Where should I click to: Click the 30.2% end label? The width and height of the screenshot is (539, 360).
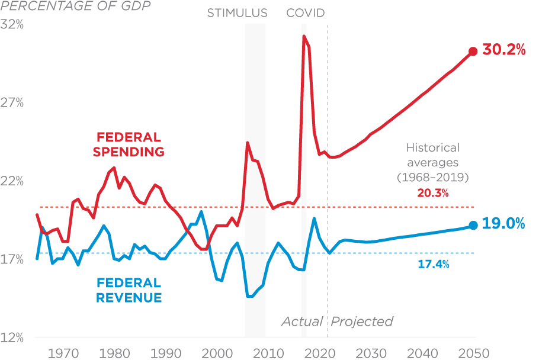(x=504, y=50)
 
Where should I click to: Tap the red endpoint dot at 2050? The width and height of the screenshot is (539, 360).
(x=473, y=52)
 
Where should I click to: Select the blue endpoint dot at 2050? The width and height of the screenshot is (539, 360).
(x=473, y=225)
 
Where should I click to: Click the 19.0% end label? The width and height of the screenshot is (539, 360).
(x=504, y=224)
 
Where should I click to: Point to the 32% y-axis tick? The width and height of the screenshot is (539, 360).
(x=12, y=25)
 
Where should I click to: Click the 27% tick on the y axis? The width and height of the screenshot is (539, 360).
(x=12, y=103)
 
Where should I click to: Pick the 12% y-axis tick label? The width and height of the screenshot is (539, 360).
(x=12, y=338)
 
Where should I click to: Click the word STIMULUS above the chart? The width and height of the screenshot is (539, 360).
(x=237, y=12)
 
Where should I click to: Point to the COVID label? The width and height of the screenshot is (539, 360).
(x=306, y=12)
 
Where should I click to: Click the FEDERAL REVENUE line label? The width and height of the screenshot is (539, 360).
(x=129, y=290)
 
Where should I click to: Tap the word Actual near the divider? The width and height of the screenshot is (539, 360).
(x=302, y=322)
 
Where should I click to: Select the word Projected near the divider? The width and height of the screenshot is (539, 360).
(x=362, y=322)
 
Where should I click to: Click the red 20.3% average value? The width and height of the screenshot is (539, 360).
(x=433, y=193)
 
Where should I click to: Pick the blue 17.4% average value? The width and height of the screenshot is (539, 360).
(x=433, y=264)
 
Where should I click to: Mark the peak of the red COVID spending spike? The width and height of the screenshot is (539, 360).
(x=304, y=36)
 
